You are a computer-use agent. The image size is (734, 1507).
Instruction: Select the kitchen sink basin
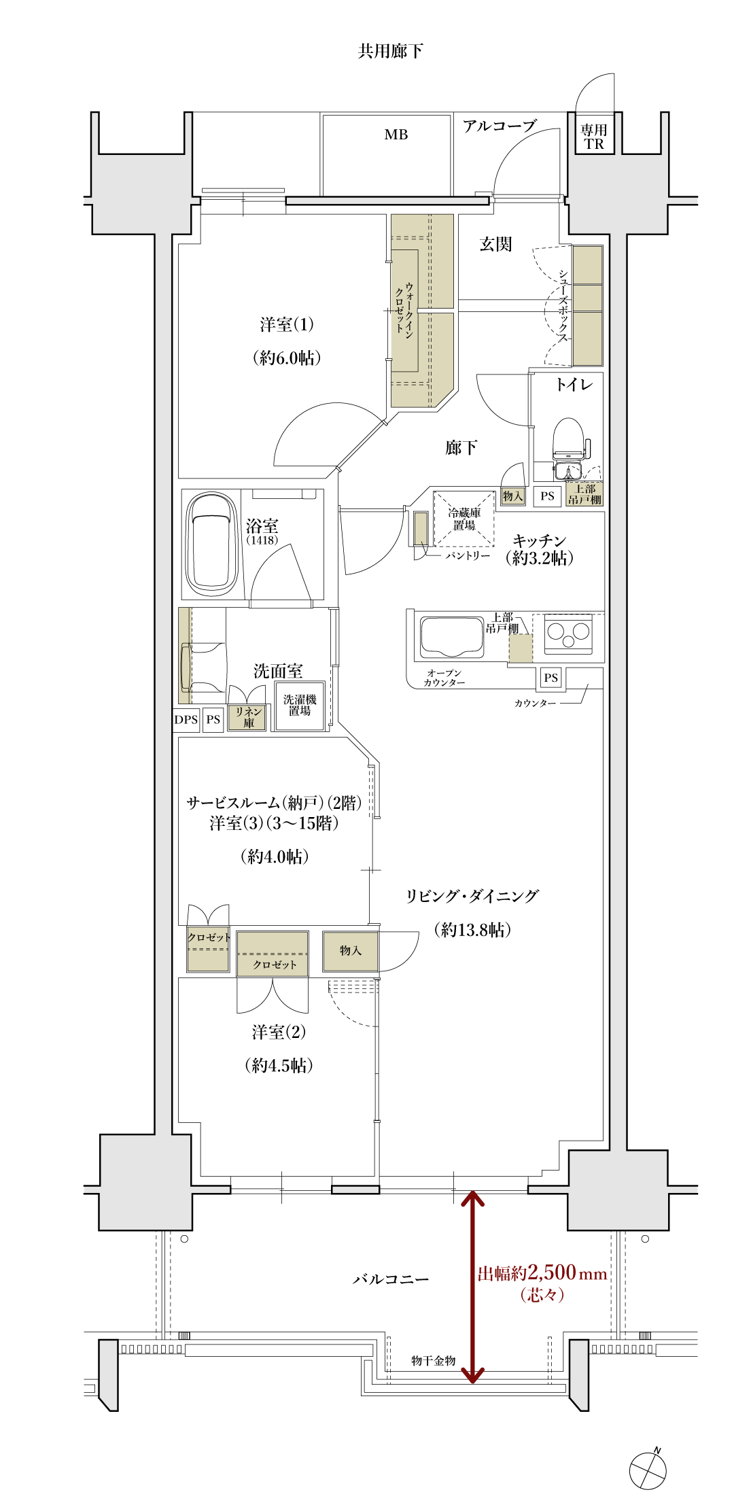tap(451, 636)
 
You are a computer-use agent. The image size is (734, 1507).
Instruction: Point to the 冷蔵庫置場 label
tap(464, 519)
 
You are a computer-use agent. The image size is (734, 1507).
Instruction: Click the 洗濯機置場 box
tap(300, 705)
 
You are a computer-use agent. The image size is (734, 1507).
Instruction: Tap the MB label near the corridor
tap(396, 135)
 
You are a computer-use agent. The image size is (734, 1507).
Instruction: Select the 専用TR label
tap(593, 137)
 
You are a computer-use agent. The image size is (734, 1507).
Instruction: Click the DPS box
tap(186, 719)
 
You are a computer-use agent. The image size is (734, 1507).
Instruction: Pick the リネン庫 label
tap(248, 717)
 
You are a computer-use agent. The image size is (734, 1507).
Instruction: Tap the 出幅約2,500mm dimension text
tap(542, 1273)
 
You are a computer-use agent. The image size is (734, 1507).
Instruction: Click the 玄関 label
tap(495, 244)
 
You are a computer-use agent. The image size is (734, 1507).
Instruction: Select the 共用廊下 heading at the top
tap(390, 51)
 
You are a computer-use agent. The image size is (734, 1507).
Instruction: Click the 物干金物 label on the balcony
tap(433, 1360)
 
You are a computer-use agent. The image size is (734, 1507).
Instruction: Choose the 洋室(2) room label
tap(279, 1032)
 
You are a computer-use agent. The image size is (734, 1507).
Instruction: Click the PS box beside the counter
tap(550, 678)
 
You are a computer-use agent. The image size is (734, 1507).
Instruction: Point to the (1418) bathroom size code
tap(262, 540)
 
